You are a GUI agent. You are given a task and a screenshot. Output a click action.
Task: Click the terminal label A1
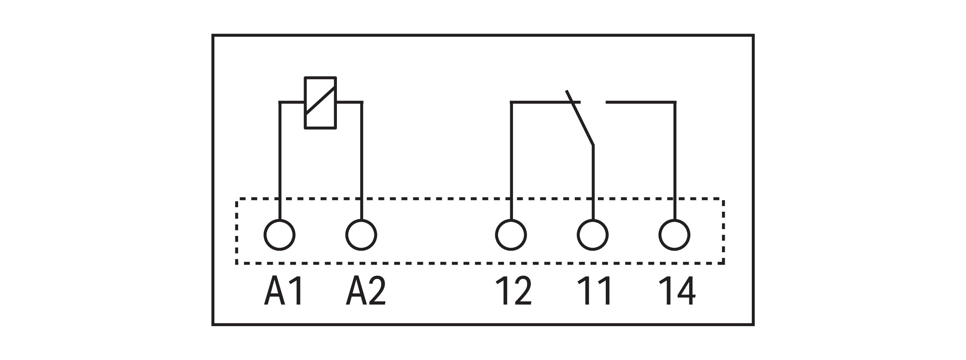(284, 291)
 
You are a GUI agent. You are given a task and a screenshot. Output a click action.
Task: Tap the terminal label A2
(366, 291)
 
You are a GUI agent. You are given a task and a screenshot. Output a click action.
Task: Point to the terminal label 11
(594, 291)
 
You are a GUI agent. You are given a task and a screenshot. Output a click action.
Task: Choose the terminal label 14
(677, 291)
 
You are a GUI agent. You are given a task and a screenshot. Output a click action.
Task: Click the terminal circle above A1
(280, 235)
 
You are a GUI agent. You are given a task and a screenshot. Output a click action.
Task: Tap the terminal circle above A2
(361, 235)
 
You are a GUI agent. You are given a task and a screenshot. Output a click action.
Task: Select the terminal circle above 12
(511, 235)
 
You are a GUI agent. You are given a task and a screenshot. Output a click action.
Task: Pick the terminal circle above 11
(592, 235)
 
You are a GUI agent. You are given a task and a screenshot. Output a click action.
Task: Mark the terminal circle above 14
(674, 235)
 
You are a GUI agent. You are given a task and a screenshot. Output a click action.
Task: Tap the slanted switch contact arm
(580, 118)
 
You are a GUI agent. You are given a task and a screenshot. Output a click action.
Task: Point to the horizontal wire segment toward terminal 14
(639, 102)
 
